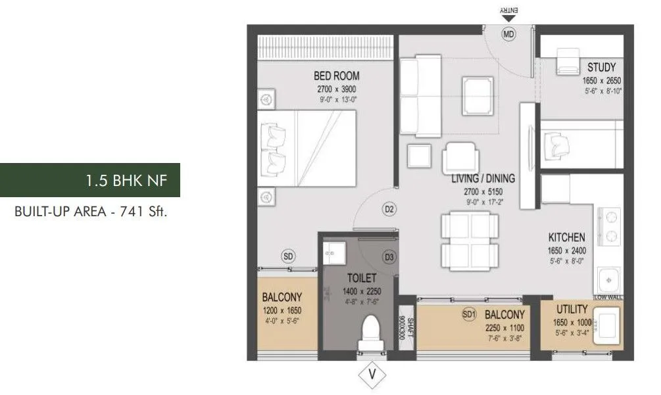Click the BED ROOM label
coord(337,76)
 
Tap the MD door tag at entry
coord(508,34)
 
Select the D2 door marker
coord(389,210)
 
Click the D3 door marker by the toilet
coord(389,258)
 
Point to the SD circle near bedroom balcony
coord(287,256)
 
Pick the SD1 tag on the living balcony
coord(468,315)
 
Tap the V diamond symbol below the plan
coord(372,375)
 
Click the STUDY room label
coord(601,68)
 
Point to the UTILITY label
coord(571,309)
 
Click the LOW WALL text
coord(608,298)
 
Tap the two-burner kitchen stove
coord(609,225)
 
